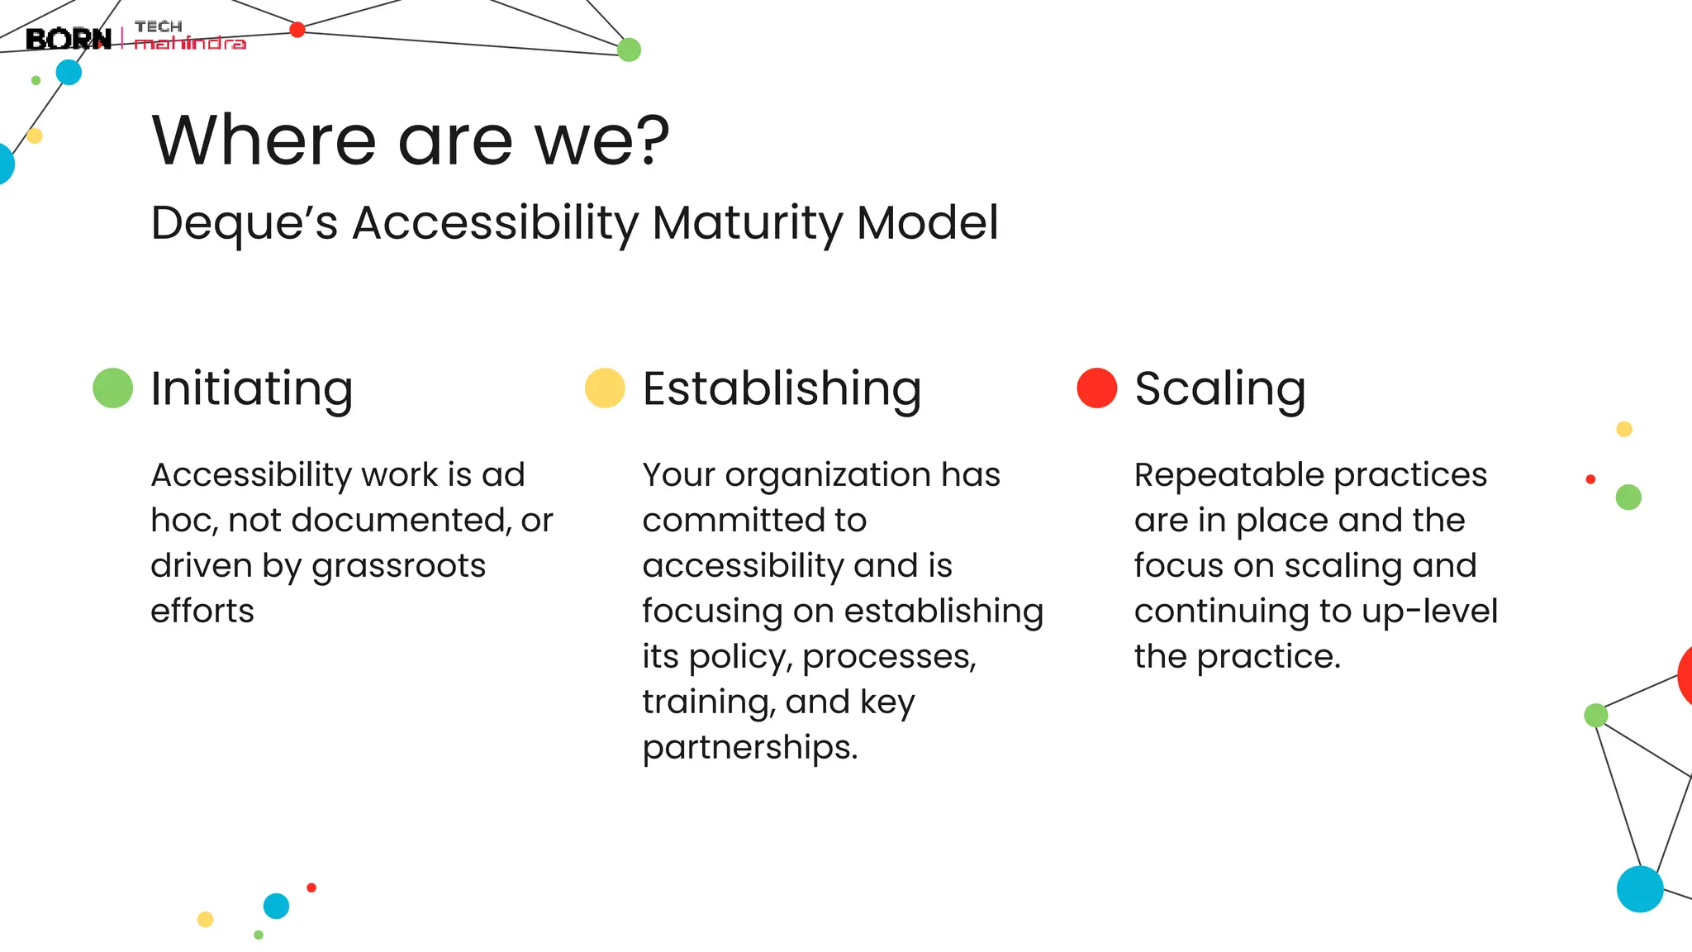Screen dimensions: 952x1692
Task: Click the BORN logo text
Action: point(68,39)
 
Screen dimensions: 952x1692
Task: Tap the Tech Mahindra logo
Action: point(189,36)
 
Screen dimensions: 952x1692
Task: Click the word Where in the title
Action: point(264,140)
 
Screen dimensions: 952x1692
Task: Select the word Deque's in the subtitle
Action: point(244,224)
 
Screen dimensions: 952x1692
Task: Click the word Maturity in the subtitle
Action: point(747,224)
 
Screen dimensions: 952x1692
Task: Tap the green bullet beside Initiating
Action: point(113,388)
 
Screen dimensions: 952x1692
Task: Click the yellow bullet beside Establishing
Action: point(605,388)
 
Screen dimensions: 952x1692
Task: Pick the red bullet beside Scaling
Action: point(1096,388)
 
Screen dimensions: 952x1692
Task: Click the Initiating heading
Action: point(252,388)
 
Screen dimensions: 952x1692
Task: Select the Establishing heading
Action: point(782,388)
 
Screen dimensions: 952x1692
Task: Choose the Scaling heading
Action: point(1219,388)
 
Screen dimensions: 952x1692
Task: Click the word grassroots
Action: point(398,567)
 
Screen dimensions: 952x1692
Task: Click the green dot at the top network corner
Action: point(629,50)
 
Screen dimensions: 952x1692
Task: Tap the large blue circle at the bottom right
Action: point(1639,889)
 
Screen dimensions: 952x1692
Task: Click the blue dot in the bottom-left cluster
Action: point(276,906)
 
